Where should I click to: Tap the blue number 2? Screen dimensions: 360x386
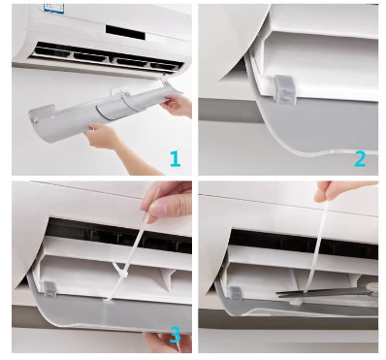click(358, 157)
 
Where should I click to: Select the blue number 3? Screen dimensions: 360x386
click(175, 336)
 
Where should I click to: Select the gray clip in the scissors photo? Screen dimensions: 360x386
click(234, 294)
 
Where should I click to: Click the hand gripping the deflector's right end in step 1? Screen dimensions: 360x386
click(176, 101)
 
